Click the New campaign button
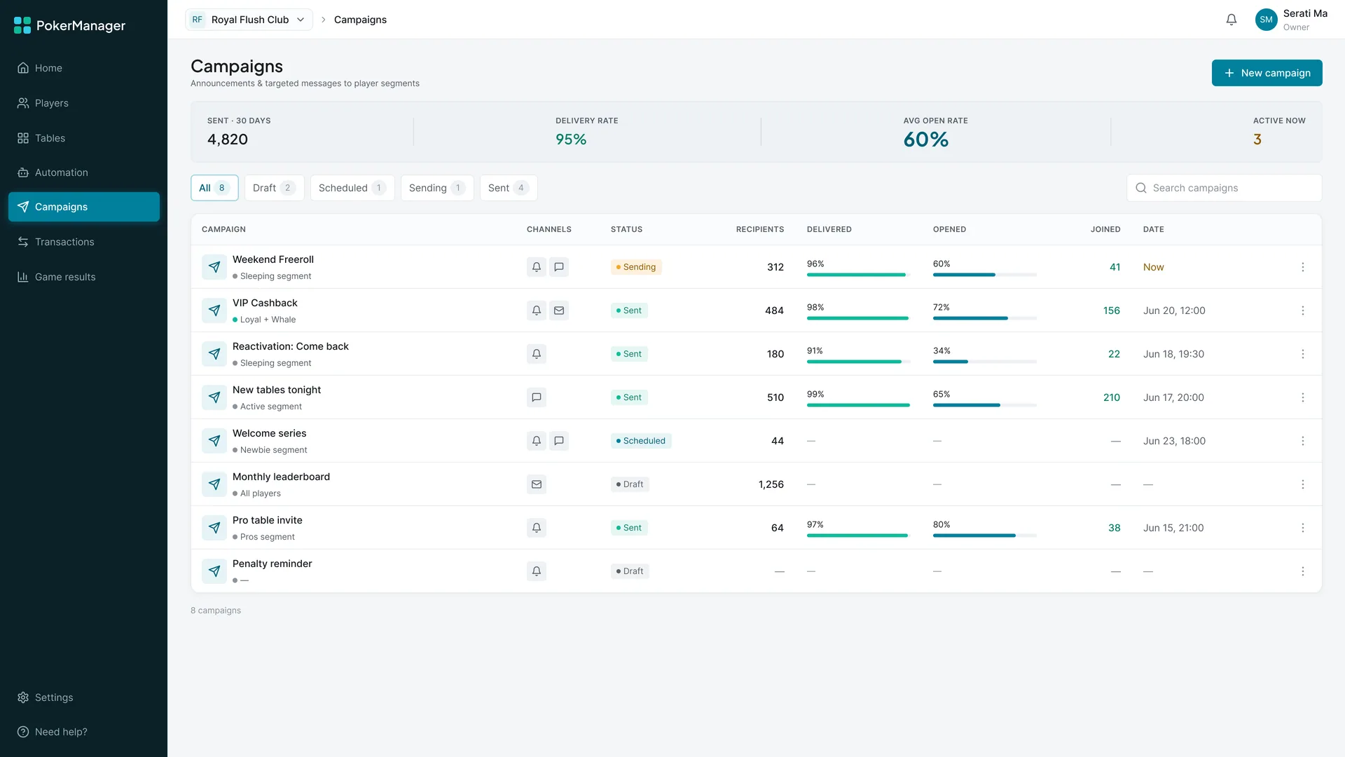click(1267, 73)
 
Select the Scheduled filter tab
click(352, 188)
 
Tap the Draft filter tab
click(274, 188)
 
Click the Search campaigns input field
click(1224, 188)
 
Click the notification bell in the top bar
click(1232, 20)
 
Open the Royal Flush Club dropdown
click(249, 20)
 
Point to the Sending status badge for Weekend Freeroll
click(636, 267)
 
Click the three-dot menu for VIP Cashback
click(1303, 311)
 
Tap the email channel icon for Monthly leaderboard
click(537, 484)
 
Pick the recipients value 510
click(775, 397)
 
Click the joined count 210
click(1112, 397)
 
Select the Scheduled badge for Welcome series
click(641, 441)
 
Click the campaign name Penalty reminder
click(273, 564)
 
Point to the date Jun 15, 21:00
click(1173, 528)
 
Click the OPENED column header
click(949, 229)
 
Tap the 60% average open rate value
click(926, 139)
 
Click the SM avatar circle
click(1266, 20)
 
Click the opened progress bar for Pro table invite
click(985, 536)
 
